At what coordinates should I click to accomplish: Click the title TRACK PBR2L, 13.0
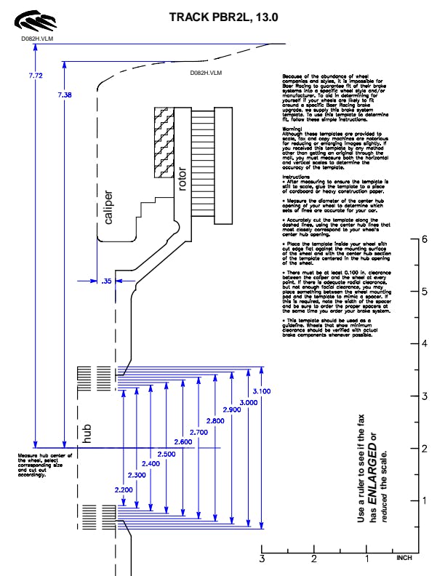[223, 17]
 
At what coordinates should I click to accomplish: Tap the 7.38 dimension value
[65, 95]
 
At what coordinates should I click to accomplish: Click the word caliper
[108, 207]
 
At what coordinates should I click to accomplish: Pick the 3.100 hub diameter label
[262, 391]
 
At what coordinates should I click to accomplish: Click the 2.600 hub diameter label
[184, 442]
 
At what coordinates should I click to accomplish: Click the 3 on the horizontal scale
[262, 559]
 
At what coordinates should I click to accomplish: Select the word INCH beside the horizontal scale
[404, 559]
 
